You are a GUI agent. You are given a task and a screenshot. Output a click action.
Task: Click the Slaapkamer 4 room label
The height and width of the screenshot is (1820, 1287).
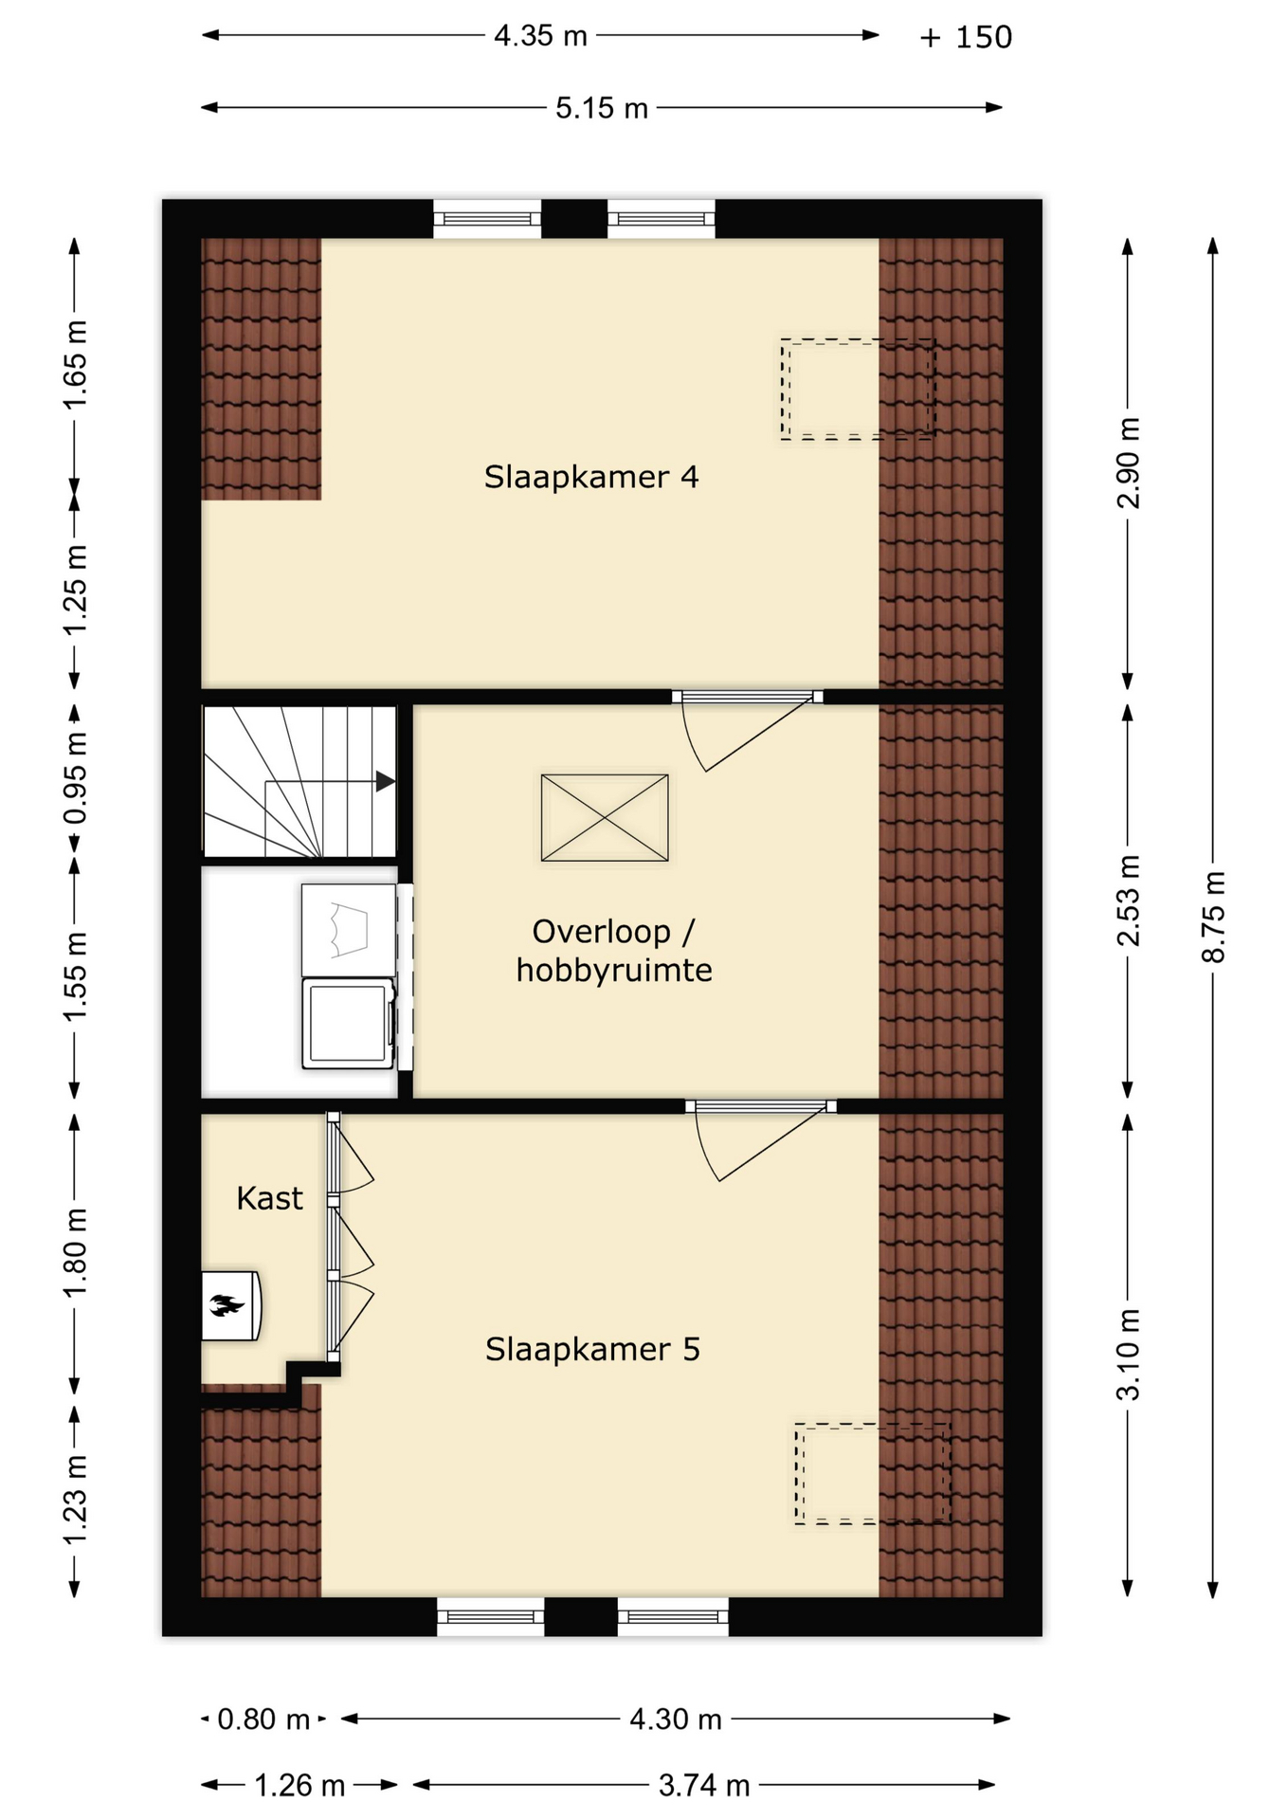591,476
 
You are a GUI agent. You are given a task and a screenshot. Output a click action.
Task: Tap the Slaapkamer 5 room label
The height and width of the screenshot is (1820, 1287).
592,1349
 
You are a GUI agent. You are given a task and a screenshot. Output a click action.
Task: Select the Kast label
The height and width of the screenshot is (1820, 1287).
269,1198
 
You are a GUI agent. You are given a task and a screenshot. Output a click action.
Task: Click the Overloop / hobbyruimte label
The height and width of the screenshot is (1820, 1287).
614,951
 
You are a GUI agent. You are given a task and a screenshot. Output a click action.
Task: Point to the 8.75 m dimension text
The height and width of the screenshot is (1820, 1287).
1214,917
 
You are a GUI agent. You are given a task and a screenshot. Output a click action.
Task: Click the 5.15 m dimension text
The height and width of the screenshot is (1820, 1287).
602,108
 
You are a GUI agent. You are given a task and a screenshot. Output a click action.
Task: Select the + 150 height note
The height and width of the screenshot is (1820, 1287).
966,37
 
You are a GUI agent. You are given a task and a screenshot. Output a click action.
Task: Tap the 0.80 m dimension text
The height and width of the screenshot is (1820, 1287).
263,1719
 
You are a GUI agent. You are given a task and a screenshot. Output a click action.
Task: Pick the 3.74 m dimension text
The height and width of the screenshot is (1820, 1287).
704,1786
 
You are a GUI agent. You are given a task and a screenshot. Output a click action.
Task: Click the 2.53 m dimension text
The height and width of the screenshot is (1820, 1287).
1129,901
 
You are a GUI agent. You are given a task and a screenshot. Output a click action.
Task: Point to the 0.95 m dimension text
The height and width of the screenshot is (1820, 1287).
75,777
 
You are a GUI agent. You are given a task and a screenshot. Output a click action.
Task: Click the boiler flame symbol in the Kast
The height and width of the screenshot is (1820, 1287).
228,1306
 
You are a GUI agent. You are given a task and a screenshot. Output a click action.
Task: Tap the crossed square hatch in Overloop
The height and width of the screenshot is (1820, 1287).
605,818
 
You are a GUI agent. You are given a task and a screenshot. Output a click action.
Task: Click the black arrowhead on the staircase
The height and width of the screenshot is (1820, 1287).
385,781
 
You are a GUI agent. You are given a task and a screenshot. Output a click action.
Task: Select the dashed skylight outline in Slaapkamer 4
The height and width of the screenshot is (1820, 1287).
858,389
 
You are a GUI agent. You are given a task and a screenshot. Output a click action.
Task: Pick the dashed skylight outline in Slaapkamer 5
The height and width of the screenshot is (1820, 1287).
871,1474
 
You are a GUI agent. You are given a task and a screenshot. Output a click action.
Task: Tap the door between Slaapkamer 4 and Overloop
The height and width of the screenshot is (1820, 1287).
748,697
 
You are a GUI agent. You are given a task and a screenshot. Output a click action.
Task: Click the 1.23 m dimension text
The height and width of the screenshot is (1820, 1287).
75,1499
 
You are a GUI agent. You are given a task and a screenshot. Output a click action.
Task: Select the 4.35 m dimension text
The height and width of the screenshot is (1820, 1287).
540,36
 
